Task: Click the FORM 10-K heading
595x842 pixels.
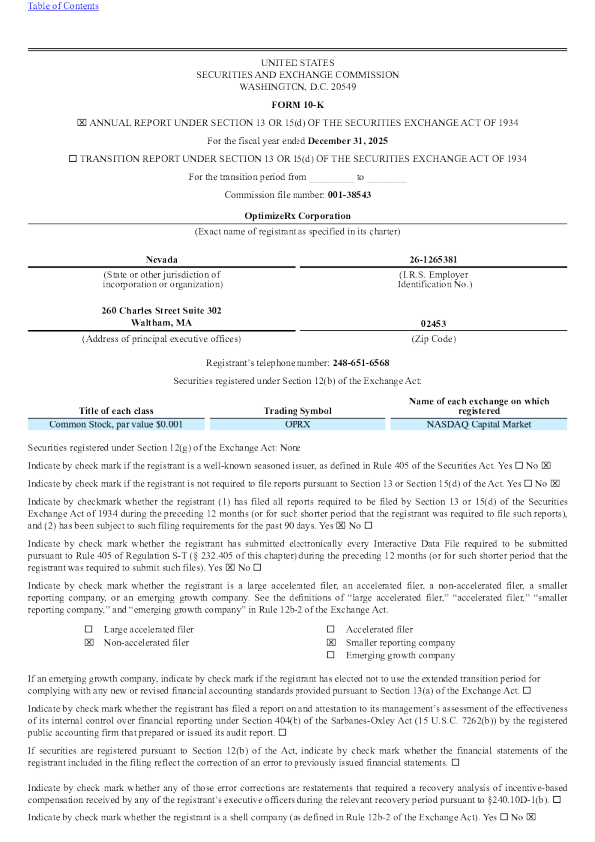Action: tap(297, 104)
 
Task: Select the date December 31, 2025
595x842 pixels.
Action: tap(348, 140)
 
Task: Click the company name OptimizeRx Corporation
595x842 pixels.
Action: tap(297, 215)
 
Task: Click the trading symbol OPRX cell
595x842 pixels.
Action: tap(297, 424)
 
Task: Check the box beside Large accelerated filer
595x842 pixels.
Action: tap(89, 629)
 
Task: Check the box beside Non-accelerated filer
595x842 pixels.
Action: tap(89, 643)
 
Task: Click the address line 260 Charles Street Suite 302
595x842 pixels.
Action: tap(162, 310)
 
